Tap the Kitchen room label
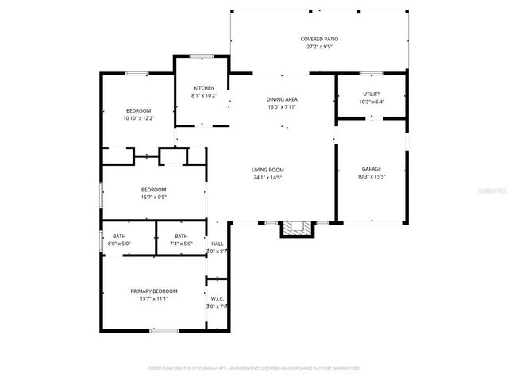[x=204, y=87]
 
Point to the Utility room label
[x=371, y=94]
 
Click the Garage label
[x=371, y=169]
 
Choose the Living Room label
[x=268, y=170]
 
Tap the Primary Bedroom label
[x=154, y=291]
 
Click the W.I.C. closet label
[x=217, y=299]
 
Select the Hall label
[x=217, y=244]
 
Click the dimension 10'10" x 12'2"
[x=138, y=118]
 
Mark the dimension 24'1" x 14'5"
[x=268, y=177]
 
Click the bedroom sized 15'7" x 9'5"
[x=153, y=193]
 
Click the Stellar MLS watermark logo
[x=492, y=191]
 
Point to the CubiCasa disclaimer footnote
[x=254, y=368]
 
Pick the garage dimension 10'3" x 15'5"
[x=371, y=177]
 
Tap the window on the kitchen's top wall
[x=202, y=56]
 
